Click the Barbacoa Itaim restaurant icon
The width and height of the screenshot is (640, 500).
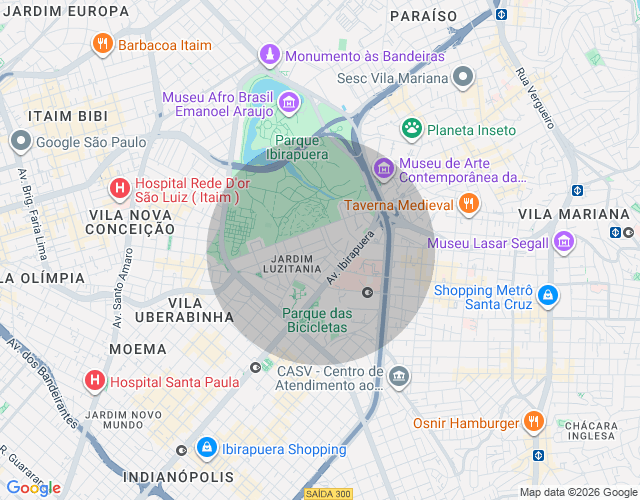pos(103,44)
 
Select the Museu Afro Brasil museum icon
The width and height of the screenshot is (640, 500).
pos(288,101)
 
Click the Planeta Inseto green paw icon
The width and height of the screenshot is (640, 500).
pos(411,129)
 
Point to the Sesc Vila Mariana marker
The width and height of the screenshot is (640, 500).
pos(462,76)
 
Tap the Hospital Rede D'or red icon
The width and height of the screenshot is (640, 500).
pos(119,187)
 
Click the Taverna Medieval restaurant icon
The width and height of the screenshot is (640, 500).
pos(468,205)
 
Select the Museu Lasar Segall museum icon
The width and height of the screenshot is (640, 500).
pos(564,242)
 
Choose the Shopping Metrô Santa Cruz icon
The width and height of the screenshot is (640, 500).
pos(548,296)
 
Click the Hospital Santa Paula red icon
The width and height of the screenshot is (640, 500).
pos(94,380)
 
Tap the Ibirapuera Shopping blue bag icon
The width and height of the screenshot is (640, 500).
pos(206,448)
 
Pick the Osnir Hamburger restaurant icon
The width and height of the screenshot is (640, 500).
pos(534,422)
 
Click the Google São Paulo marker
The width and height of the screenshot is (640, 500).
pos(20,141)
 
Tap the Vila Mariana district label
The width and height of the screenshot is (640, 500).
pos(574,214)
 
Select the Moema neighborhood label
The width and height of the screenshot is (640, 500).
pos(138,349)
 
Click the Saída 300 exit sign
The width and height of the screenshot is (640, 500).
pos(328,494)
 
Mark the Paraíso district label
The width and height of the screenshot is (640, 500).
pos(423,16)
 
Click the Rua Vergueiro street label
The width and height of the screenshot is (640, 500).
pos(535,98)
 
